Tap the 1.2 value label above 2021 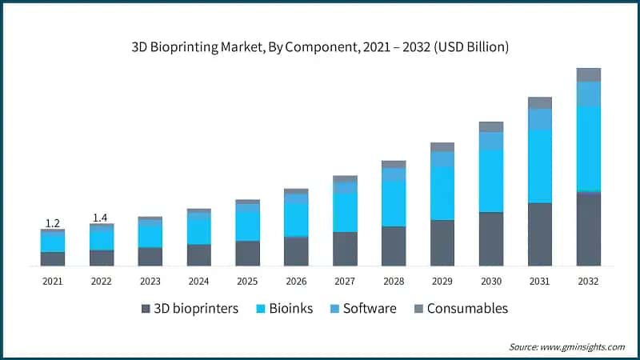point(52,222)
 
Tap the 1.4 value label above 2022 point(101,218)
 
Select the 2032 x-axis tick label point(588,281)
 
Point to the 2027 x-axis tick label point(345,281)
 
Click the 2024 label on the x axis point(198,281)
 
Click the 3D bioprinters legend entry point(190,308)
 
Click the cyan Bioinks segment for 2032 point(588,149)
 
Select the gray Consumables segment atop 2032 point(588,74)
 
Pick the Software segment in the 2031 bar point(539,119)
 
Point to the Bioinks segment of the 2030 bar point(490,181)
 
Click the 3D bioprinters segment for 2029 point(442,242)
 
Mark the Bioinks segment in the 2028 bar point(393,204)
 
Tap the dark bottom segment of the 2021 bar point(52,258)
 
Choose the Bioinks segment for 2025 point(247,226)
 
